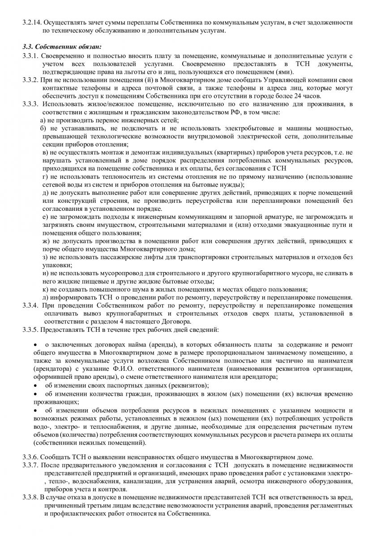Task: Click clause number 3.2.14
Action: pyautogui.click(x=32, y=22)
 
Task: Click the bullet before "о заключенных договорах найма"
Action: pyautogui.click(x=36, y=345)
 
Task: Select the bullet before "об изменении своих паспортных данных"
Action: pyautogui.click(x=36, y=385)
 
